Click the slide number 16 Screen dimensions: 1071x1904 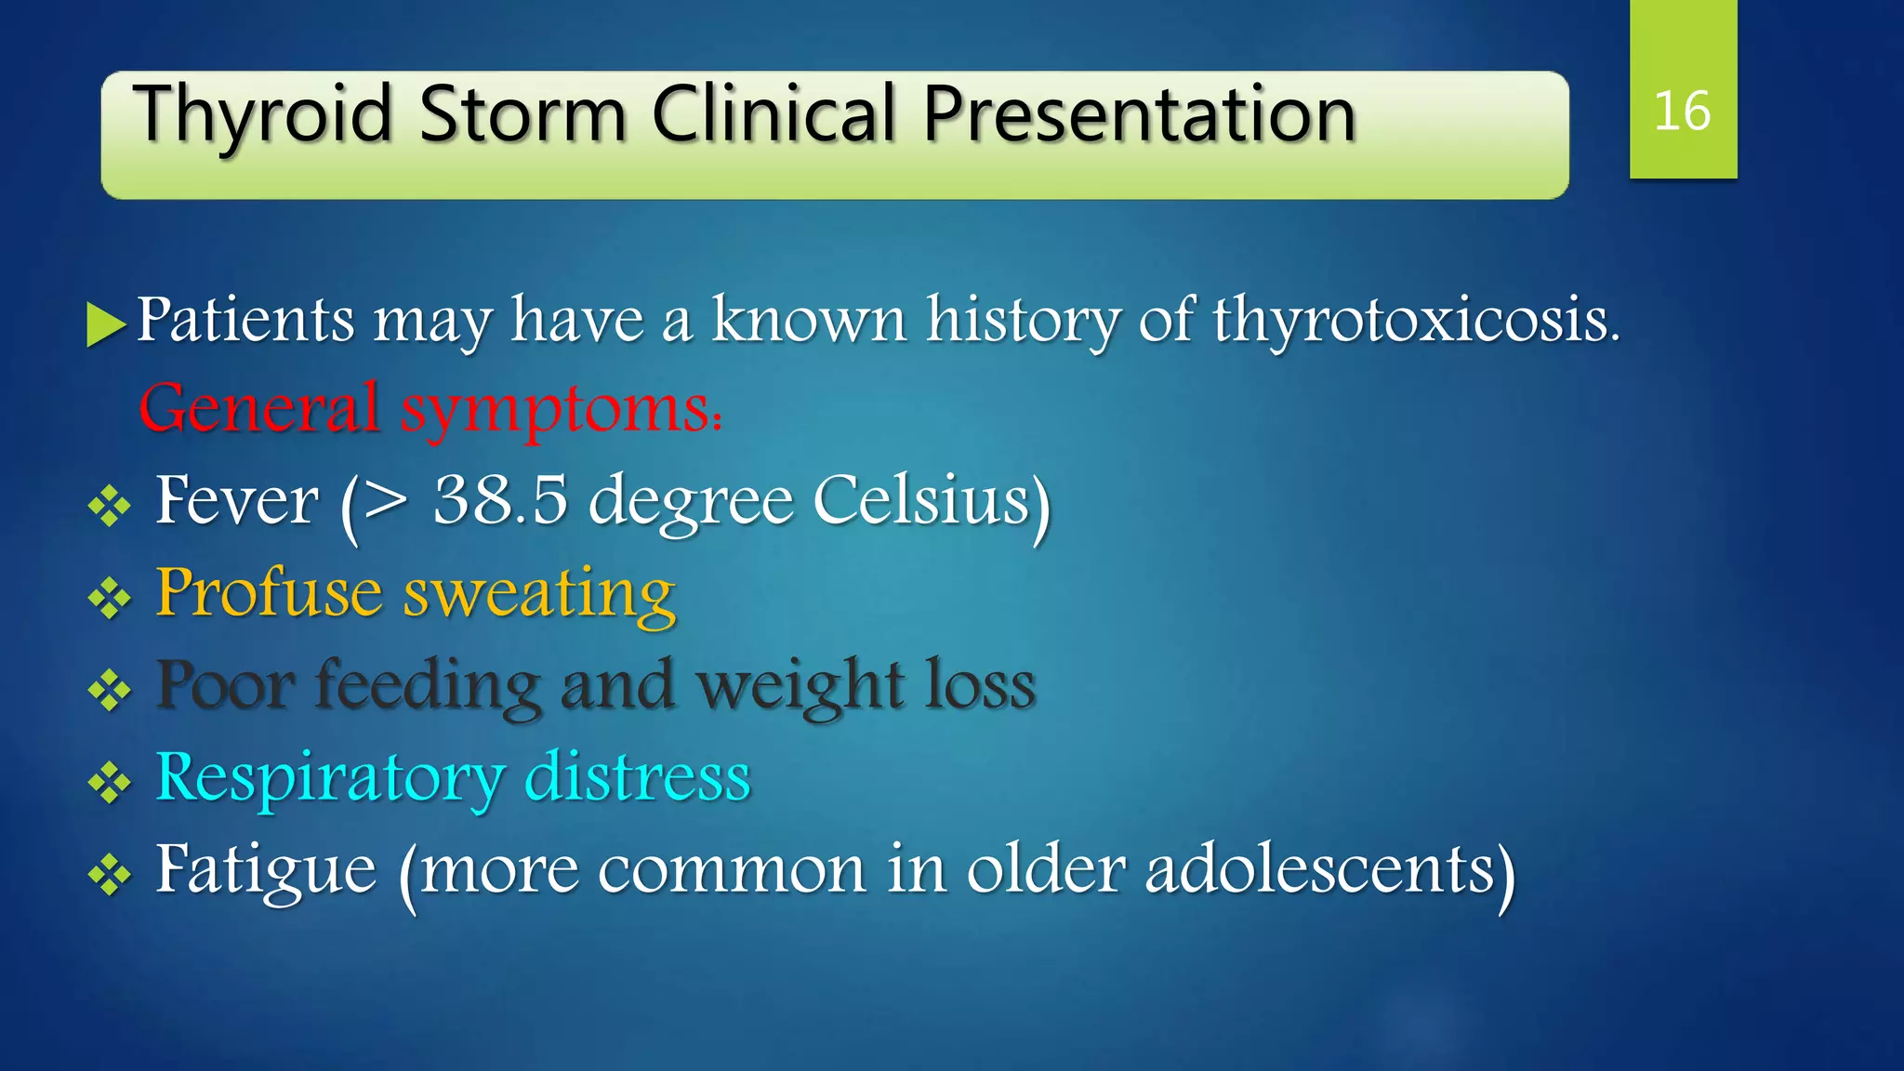click(x=1682, y=112)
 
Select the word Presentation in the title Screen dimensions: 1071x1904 click(x=1139, y=116)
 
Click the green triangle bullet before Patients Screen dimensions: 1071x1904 click(x=105, y=324)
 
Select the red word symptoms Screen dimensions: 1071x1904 click(x=558, y=410)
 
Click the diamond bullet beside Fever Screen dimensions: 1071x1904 click(x=109, y=508)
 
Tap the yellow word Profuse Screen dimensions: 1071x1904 click(x=269, y=592)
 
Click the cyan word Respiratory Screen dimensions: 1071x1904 click(x=330, y=778)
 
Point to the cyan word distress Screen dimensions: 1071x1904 click(x=638, y=776)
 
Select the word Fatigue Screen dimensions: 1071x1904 click(x=266, y=870)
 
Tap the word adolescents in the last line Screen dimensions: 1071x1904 click(x=1320, y=869)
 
